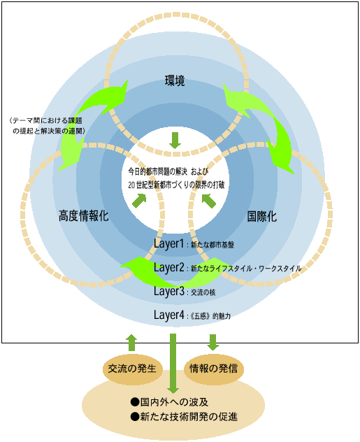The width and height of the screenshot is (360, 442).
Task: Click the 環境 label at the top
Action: pos(175,81)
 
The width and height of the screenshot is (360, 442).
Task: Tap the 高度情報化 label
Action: pos(84,216)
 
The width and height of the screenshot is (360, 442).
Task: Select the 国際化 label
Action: pos(261,217)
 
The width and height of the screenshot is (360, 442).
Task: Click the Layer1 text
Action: pos(168,244)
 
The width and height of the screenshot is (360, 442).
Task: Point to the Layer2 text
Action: pos(168,268)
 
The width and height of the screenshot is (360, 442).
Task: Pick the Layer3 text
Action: pos(168,291)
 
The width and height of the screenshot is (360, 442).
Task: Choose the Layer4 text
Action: pos(168,315)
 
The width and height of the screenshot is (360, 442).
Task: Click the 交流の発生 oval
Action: pos(132,369)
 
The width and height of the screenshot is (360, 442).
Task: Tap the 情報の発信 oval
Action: pos(213,369)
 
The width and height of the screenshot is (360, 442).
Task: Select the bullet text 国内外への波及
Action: pos(169,402)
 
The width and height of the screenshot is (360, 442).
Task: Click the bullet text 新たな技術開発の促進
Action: pos(184,417)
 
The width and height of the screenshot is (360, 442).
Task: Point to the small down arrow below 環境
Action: pos(175,141)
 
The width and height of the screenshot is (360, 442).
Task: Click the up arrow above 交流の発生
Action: pos(132,343)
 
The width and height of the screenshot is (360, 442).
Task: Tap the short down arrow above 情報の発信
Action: pos(213,342)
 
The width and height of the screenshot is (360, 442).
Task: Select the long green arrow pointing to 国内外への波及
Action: pos(173,364)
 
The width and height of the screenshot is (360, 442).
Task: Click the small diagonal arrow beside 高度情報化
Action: pos(139,201)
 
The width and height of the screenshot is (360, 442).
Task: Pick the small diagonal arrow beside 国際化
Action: pos(209,201)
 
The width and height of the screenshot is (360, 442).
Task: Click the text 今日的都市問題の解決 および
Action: pos(168,171)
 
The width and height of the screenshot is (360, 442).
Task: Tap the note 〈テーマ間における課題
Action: pos(45,121)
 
